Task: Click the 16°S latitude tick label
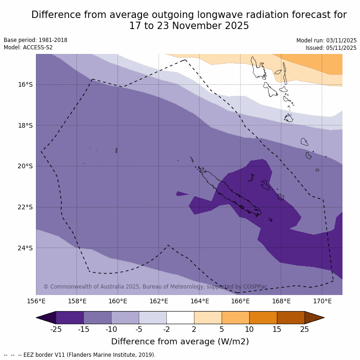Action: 25,84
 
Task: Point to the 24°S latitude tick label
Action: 25,248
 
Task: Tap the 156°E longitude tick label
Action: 36,301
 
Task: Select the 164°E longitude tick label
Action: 200,301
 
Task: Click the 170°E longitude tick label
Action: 322,301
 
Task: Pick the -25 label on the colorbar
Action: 56,329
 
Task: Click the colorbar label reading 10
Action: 249,329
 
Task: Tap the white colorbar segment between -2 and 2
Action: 180,318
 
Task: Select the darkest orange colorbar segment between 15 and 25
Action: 291,318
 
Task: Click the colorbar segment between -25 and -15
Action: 70,318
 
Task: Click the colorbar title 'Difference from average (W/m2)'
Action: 180,342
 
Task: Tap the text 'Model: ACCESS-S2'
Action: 28,47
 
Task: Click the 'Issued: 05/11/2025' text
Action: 331,48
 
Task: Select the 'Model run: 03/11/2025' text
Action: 326,40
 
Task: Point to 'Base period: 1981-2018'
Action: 35,40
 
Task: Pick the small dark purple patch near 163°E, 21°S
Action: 182,194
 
